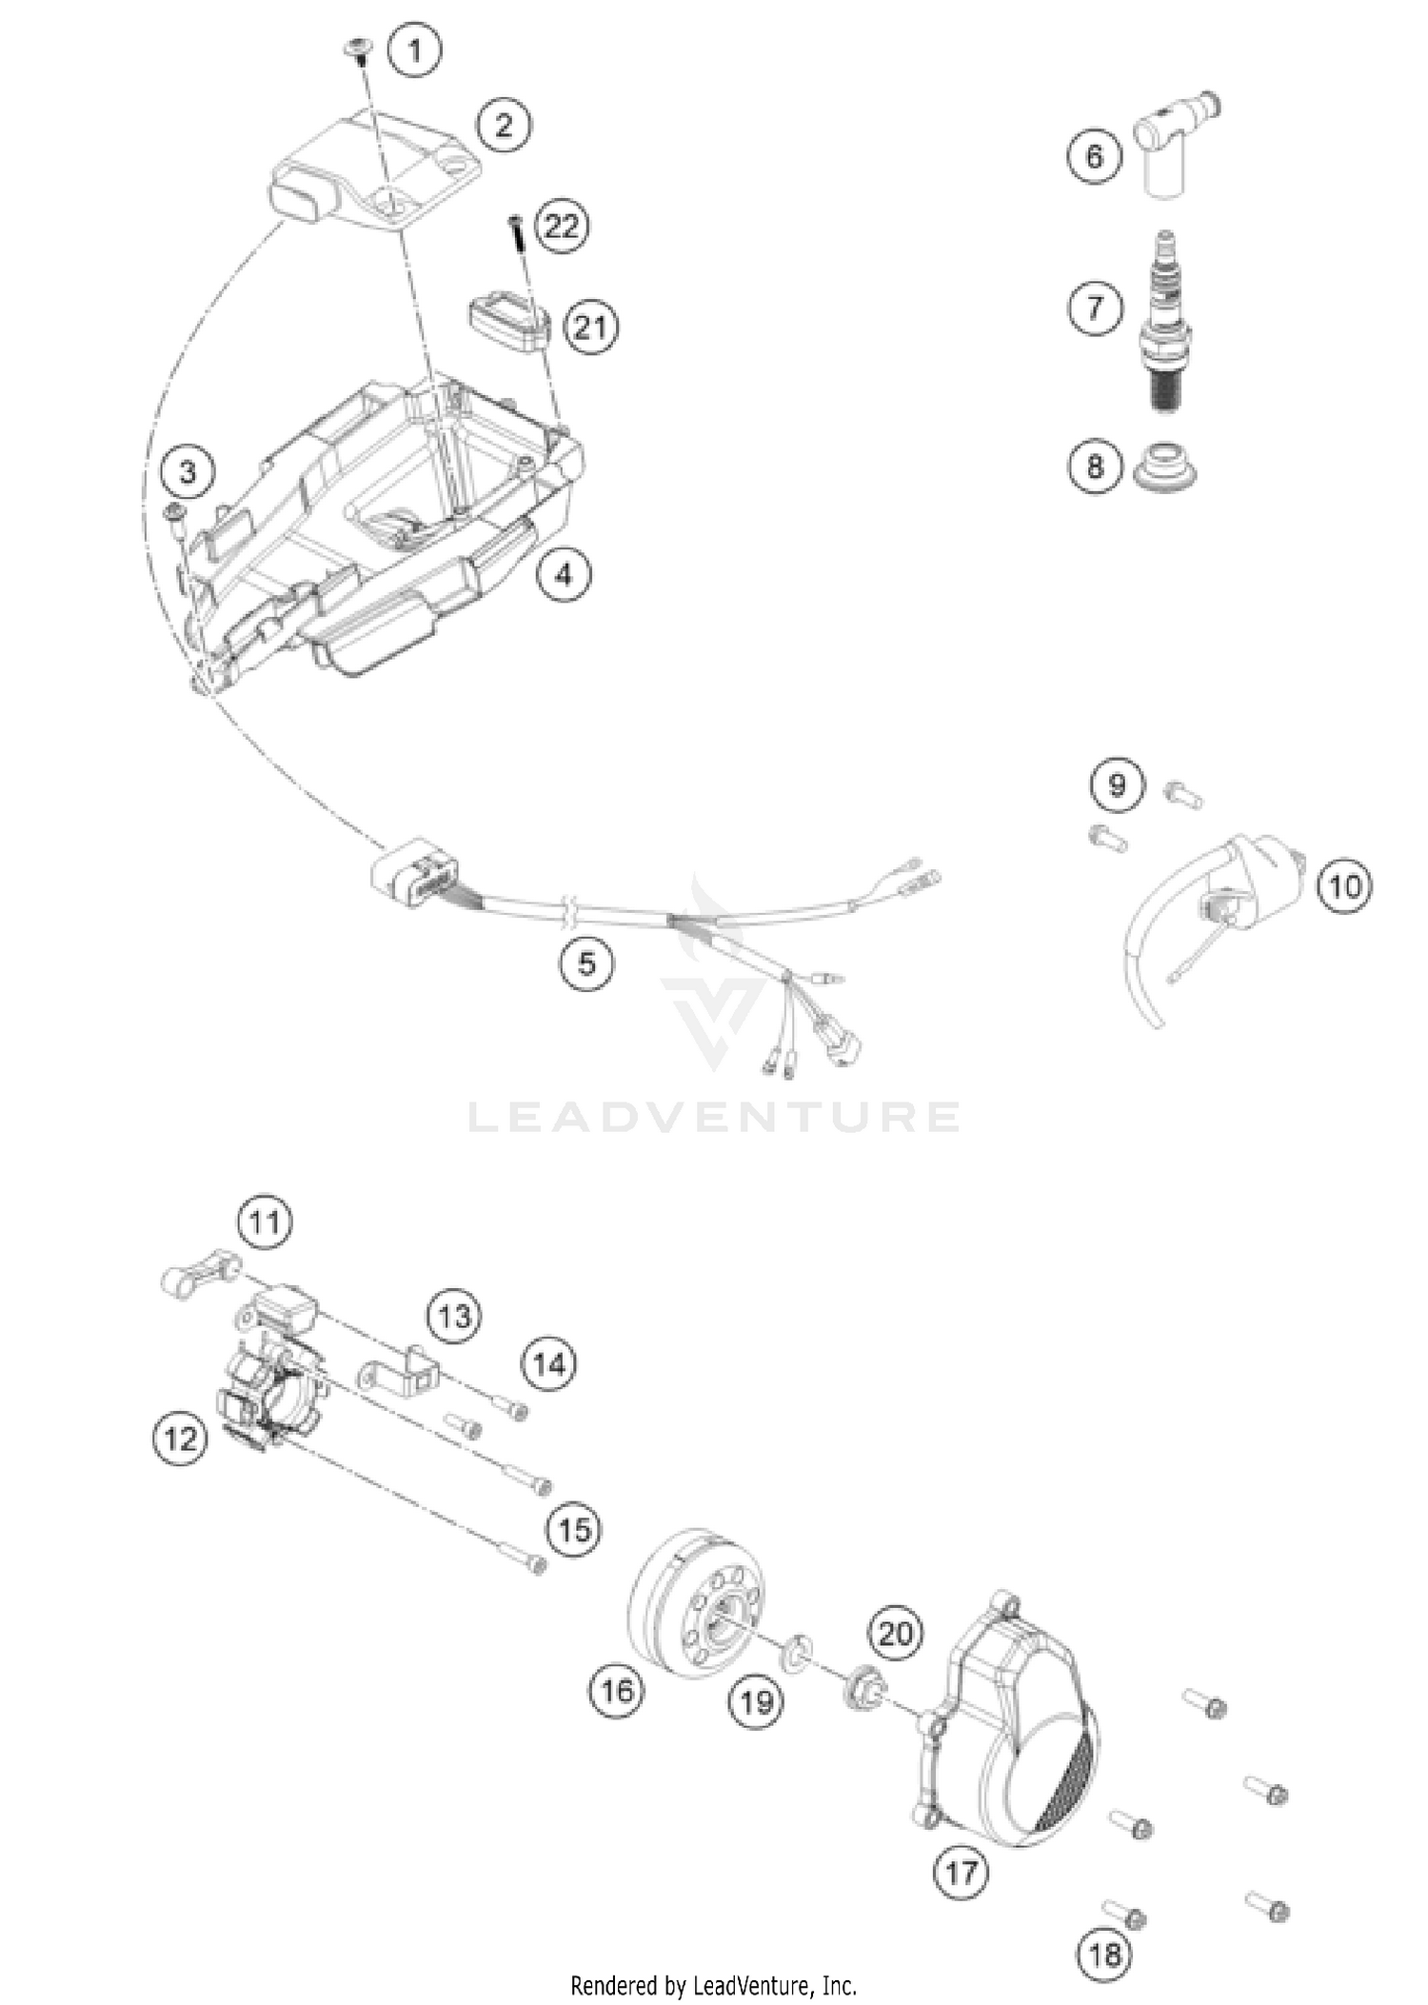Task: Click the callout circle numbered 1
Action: coord(414,50)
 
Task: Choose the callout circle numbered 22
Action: coord(563,227)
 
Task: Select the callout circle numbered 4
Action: coord(564,574)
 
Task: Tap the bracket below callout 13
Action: coord(400,1375)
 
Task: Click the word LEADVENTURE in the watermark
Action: coord(714,1116)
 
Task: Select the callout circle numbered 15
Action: coord(574,1530)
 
